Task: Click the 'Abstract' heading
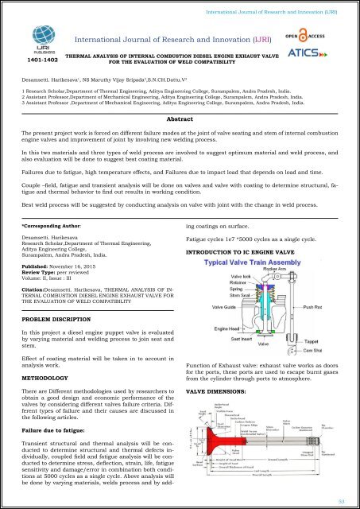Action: (x=180, y=119)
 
